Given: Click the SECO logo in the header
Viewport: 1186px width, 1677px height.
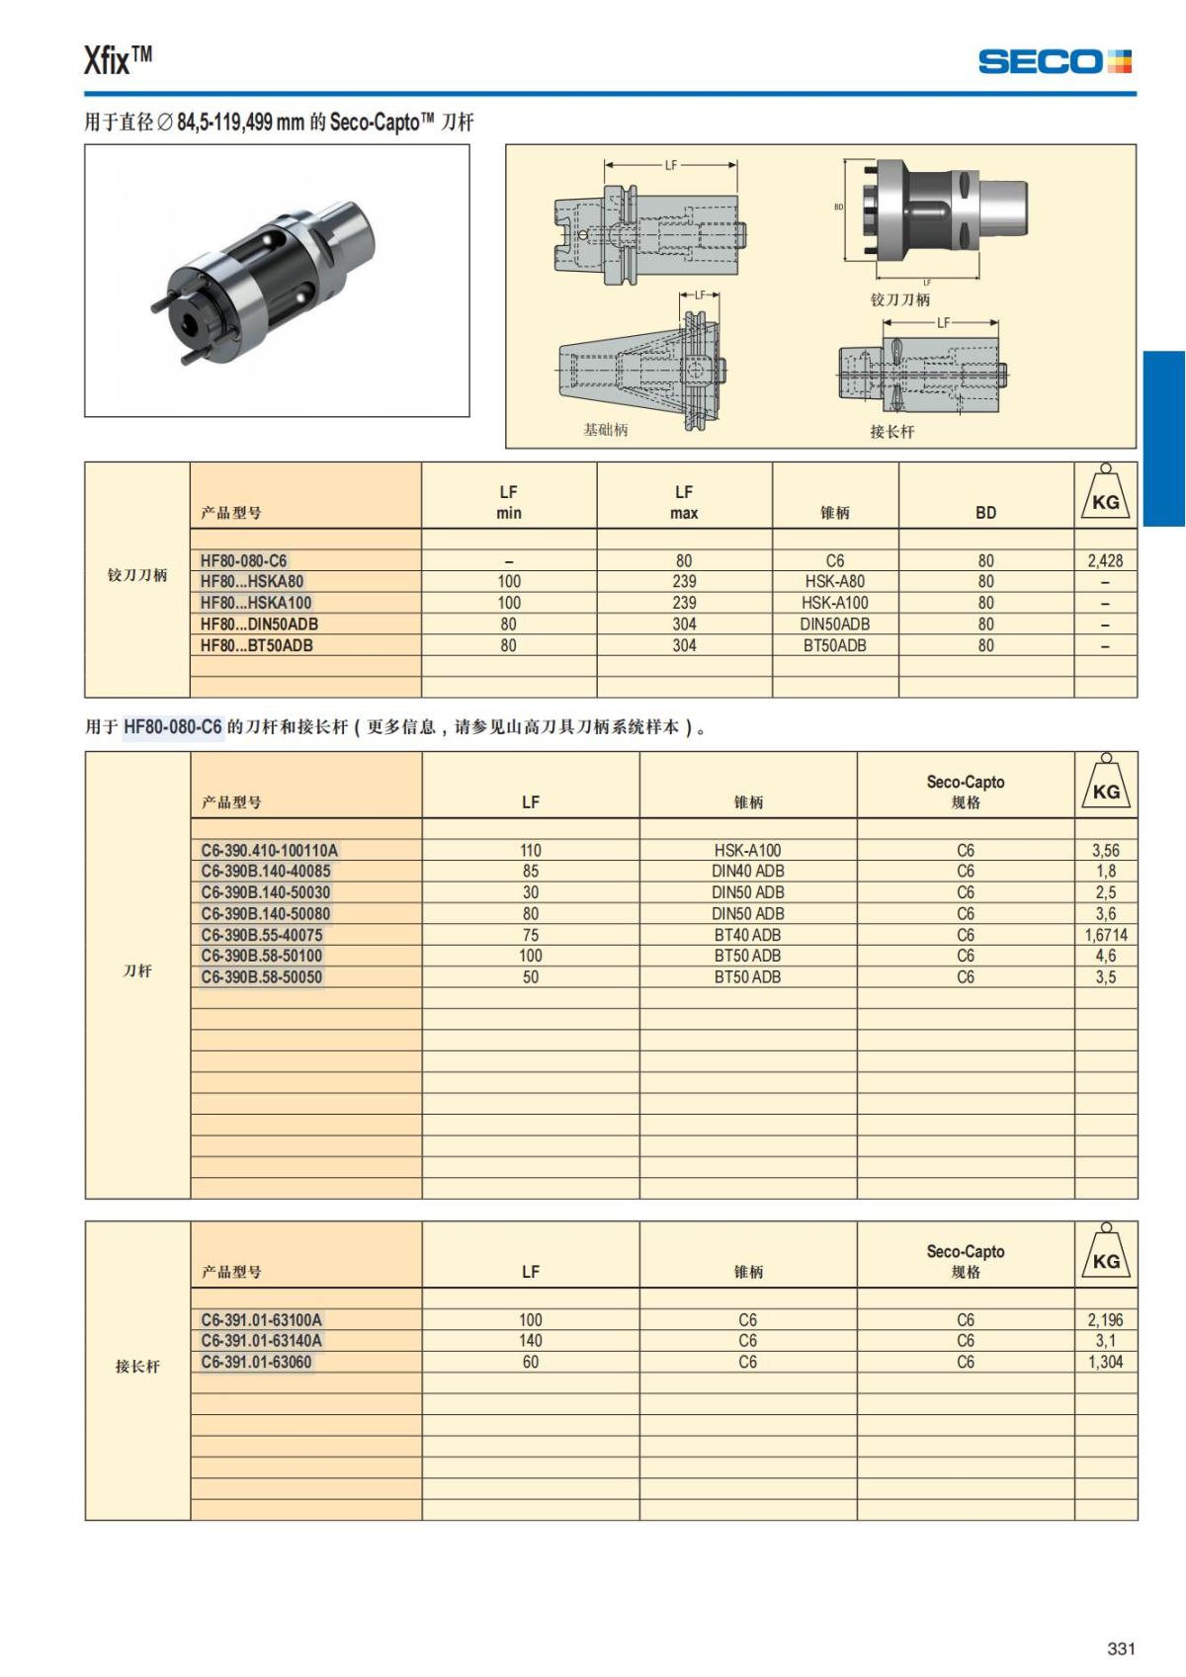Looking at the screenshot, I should pos(1054,61).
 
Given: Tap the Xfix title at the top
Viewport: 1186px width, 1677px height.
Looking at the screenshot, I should pos(118,60).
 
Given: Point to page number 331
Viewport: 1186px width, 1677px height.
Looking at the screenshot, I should pos(1121,1648).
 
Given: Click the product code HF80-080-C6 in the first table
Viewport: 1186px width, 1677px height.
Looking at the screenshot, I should pos(243,560).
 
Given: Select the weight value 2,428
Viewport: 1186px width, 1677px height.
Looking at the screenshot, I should pos(1105,560).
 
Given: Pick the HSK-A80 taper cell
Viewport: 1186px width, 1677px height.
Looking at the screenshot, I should pos(834,581).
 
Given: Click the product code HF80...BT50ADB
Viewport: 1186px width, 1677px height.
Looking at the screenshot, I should pos(256,645).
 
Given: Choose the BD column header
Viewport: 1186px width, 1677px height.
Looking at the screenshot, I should pos(985,512).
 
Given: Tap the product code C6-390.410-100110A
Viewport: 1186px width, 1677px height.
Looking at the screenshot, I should pos(269,850).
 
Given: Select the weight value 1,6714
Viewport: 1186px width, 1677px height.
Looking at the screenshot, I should pos(1105,935).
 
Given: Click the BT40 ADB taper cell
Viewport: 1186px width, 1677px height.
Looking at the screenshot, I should pos(747,935).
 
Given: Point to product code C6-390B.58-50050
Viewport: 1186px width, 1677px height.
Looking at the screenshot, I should pos(261,977).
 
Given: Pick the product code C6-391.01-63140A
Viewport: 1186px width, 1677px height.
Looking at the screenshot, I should pos(261,1341).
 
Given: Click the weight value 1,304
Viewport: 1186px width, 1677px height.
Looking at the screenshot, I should pos(1105,1362).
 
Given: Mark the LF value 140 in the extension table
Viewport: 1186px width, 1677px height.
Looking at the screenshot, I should pos(530,1341).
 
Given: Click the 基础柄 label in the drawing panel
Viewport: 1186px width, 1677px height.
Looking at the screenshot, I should pos(605,430).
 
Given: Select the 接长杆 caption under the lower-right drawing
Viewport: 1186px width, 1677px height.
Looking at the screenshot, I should pos(891,432).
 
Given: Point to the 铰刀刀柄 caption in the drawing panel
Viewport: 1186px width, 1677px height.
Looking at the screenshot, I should pos(899,299).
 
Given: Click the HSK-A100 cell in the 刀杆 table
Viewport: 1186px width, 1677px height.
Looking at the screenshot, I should pos(747,850).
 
